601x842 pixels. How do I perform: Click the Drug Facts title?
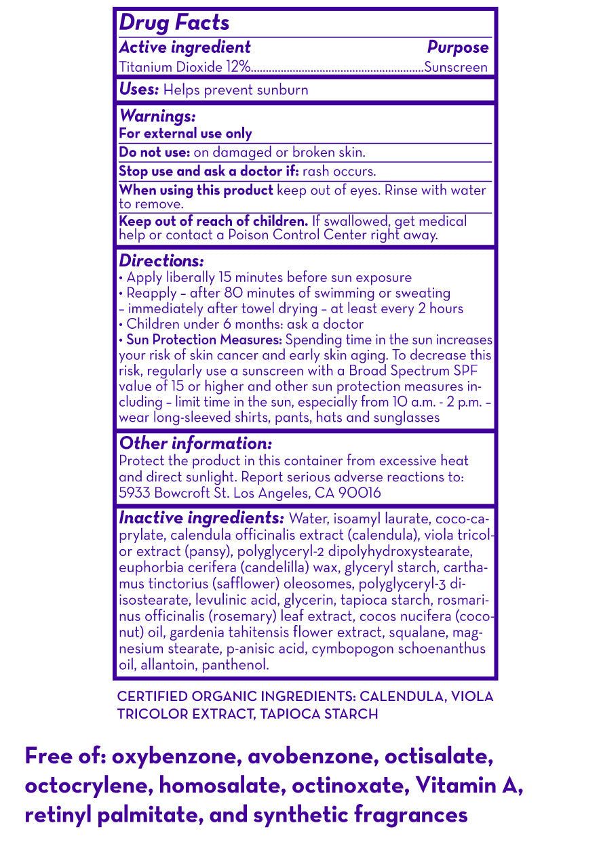(x=174, y=22)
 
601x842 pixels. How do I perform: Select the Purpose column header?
(x=457, y=47)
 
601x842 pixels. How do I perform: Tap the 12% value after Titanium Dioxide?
(x=241, y=67)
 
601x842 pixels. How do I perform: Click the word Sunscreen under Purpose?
(x=456, y=67)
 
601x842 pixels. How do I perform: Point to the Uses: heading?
(x=139, y=89)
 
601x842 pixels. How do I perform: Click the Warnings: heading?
(x=157, y=117)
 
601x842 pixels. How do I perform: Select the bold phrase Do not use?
(x=155, y=153)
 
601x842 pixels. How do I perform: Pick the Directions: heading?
(x=161, y=261)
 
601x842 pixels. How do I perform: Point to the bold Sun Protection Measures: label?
(x=205, y=339)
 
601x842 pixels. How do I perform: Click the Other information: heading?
(x=195, y=443)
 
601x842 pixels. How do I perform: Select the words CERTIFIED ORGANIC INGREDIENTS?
(x=237, y=697)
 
